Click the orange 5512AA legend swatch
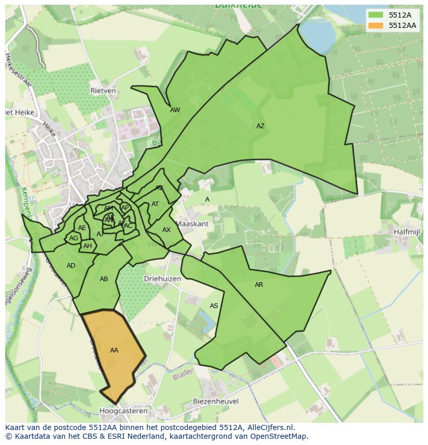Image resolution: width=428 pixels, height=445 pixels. [376, 25]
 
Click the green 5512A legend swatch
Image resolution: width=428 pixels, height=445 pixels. [376, 15]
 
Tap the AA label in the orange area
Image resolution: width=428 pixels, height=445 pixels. [114, 350]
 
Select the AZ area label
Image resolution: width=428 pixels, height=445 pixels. [261, 126]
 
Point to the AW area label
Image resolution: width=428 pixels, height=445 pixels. [175, 110]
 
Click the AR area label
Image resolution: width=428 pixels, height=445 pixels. [259, 285]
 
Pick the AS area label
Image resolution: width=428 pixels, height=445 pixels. [214, 306]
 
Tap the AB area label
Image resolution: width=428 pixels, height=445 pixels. [104, 279]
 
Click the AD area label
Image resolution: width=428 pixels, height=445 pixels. [71, 266]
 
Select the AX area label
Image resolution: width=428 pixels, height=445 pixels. [166, 230]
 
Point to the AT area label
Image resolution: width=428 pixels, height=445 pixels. [155, 204]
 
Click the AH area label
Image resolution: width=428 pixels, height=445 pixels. [87, 246]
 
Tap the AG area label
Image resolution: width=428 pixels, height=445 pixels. [73, 238]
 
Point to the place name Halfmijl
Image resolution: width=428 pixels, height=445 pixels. [406, 232]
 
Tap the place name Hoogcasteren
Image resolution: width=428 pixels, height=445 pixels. [123, 411]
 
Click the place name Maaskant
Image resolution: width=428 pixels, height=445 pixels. [192, 224]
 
